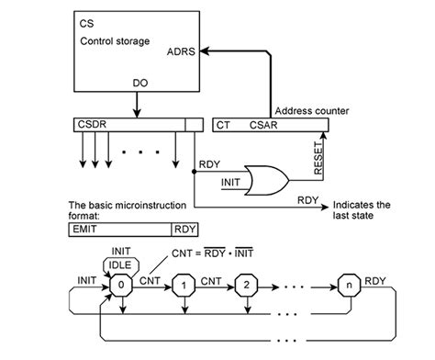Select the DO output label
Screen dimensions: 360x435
(139, 83)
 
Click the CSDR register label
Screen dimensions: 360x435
(92, 124)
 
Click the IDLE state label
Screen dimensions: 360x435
(119, 265)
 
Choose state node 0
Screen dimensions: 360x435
(120, 286)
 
